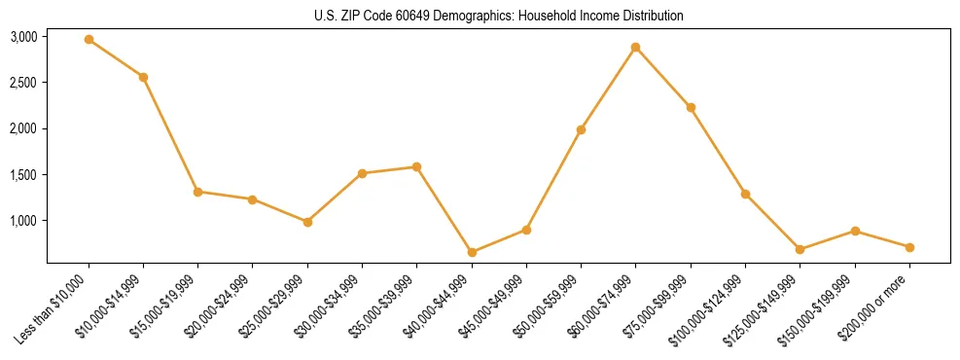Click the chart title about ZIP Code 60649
[499, 16]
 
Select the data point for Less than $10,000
[89, 39]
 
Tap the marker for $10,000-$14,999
[143, 77]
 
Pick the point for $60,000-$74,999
[635, 47]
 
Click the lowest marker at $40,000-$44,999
[472, 252]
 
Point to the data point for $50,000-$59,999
[581, 129]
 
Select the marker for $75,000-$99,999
[691, 107]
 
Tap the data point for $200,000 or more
[909, 247]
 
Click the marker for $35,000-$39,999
[416, 166]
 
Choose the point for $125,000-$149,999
[800, 249]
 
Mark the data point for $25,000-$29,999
[307, 222]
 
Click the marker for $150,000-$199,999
[854, 231]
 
